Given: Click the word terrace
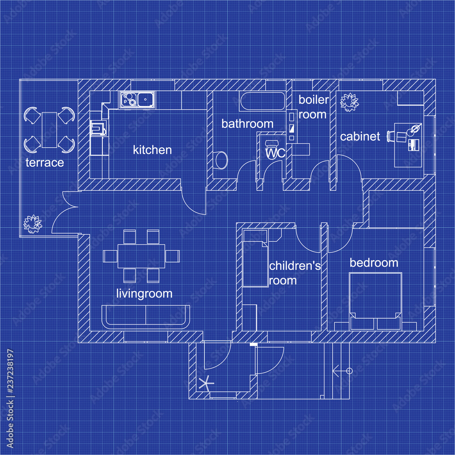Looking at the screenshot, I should point(45,162).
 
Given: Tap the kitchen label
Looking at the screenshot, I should point(152,150).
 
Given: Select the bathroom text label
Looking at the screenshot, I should point(248,124).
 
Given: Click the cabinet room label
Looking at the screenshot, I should point(360,136).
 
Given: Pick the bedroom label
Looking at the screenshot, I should point(374,263).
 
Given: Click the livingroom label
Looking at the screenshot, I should point(144,293).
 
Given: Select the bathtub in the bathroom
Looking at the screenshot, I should point(263,101).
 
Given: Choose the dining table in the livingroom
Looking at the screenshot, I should point(142,256).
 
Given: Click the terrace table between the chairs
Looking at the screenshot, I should point(49,130).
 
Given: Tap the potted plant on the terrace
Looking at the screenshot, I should point(32,223).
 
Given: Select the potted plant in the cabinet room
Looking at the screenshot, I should point(349,101).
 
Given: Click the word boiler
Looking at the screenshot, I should point(313,100).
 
